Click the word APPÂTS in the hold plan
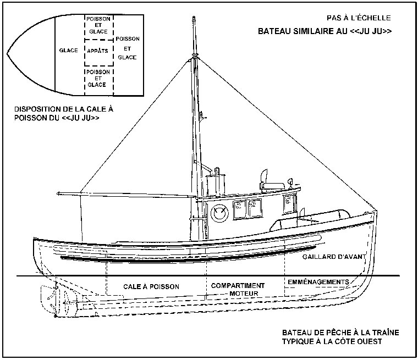97,51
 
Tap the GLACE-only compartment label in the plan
68,51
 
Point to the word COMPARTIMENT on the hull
238,286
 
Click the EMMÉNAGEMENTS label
318,282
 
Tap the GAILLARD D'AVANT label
329,257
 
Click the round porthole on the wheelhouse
219,213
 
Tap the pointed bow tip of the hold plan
8,53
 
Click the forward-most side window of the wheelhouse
289,204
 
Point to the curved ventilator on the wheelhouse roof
263,177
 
